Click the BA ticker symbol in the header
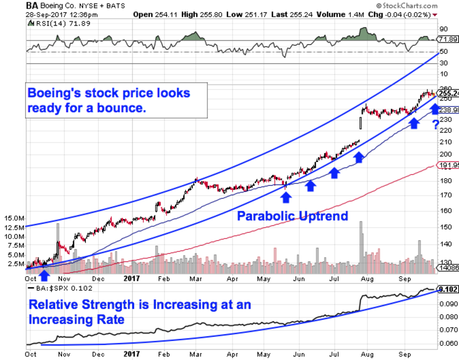(32, 6)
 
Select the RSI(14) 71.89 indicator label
(48, 24)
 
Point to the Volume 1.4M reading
(325, 15)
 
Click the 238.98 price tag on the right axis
(448, 109)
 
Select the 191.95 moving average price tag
(448, 165)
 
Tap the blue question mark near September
(435, 125)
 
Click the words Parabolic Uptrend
(292, 216)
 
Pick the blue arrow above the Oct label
(44, 274)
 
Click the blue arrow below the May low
(286, 197)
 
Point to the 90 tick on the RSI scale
(443, 29)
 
